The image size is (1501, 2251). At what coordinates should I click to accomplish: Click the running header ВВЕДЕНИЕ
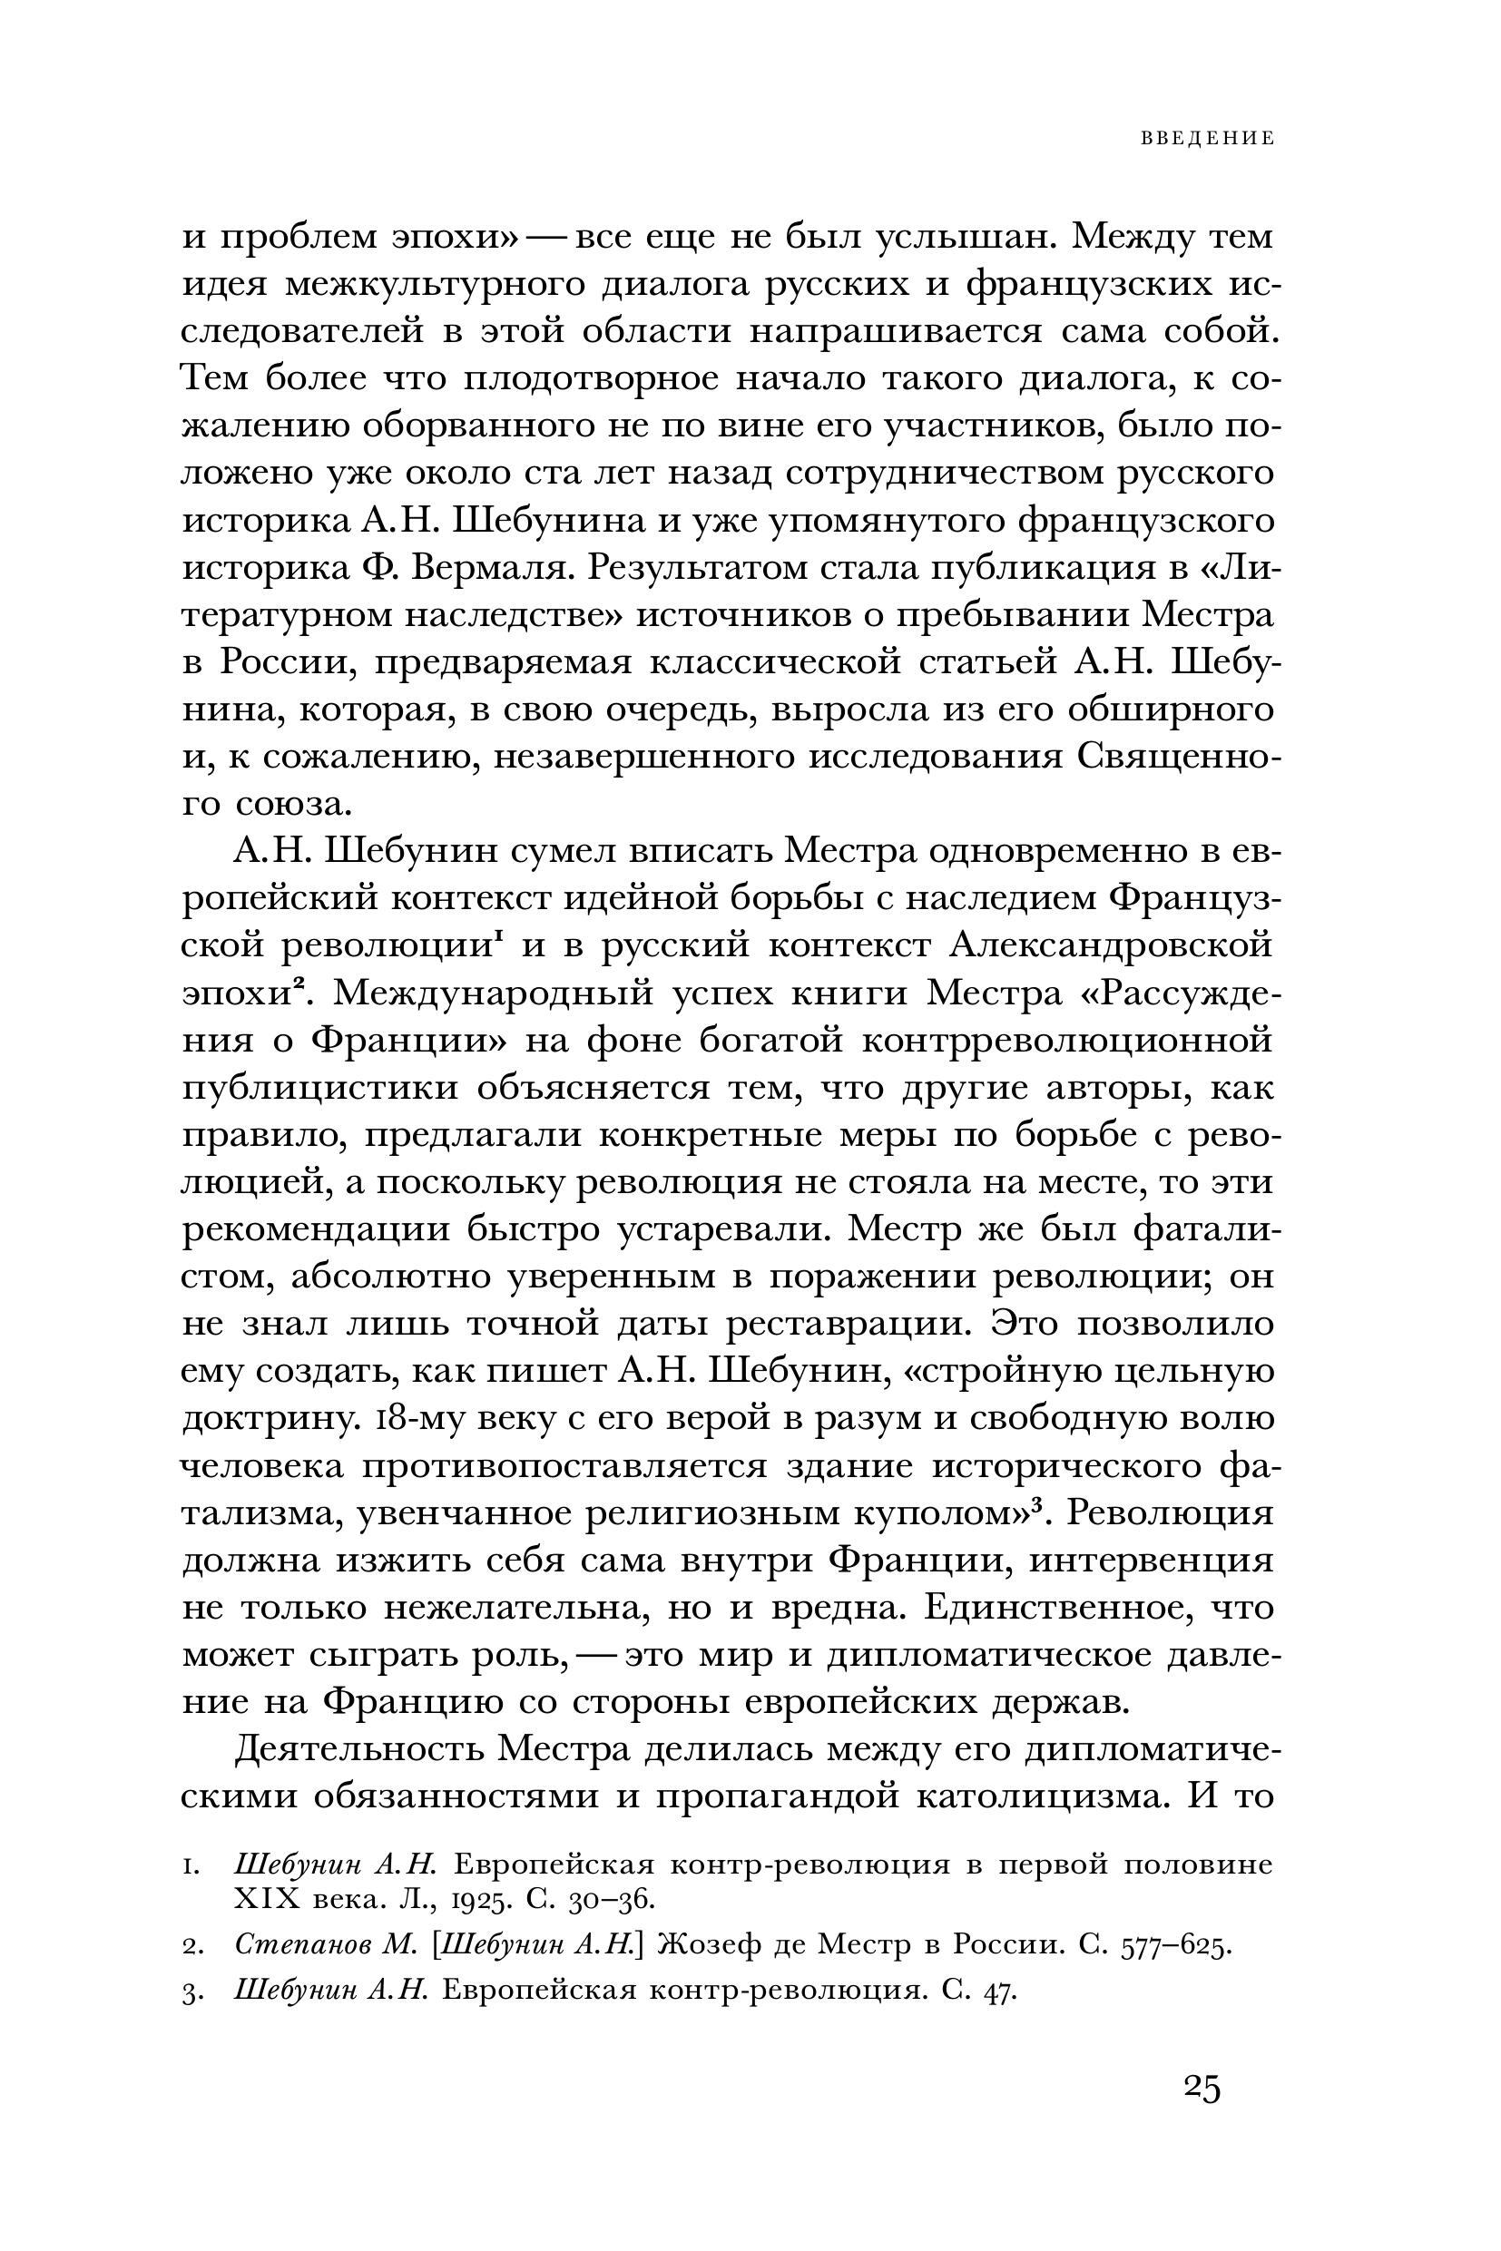(x=1207, y=139)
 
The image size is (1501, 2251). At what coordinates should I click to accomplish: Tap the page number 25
(x=1202, y=2088)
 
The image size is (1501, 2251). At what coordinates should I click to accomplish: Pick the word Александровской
(x=1112, y=945)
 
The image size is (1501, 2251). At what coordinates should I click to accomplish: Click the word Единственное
(x=1053, y=1608)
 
